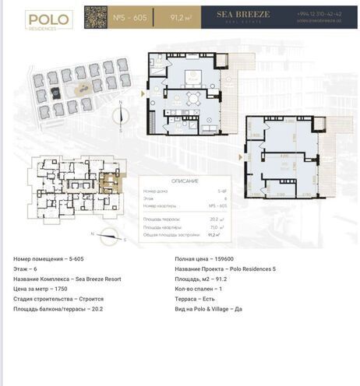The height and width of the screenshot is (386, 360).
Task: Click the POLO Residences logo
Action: (48, 19)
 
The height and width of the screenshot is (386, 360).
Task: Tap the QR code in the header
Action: (95, 16)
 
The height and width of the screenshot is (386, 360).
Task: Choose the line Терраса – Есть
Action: (199, 299)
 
